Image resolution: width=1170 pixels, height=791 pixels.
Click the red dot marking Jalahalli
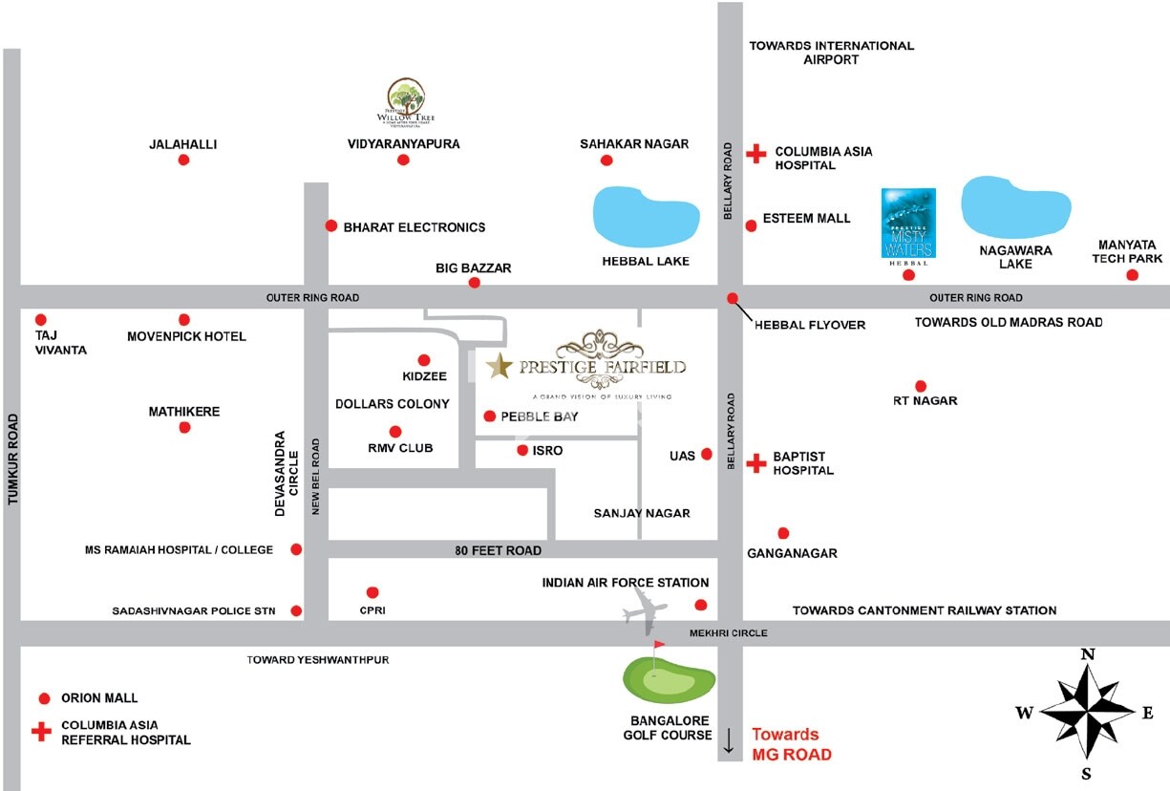pyautogui.click(x=183, y=160)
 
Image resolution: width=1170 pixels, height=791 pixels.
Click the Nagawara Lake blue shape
pyautogui.click(x=1015, y=205)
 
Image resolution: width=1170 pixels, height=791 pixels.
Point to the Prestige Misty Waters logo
pyautogui.click(x=907, y=223)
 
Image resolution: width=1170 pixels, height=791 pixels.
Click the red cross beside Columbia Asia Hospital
pyautogui.click(x=755, y=153)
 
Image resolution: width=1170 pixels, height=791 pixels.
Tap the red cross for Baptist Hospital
pyautogui.click(x=755, y=464)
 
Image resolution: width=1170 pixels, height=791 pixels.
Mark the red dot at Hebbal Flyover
pyautogui.click(x=733, y=298)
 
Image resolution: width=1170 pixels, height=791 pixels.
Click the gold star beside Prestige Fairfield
pyautogui.click(x=499, y=365)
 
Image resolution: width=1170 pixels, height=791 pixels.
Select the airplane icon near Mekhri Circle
pyautogui.click(x=647, y=609)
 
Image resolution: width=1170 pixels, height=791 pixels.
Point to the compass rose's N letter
pyautogui.click(x=1087, y=654)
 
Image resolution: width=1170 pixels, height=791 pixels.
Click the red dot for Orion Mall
pyautogui.click(x=44, y=698)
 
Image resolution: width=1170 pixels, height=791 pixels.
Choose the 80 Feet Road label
pyautogui.click(x=498, y=550)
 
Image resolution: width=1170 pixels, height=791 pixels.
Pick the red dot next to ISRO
pyautogui.click(x=521, y=450)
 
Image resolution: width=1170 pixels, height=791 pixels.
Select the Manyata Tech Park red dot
pyautogui.click(x=1132, y=275)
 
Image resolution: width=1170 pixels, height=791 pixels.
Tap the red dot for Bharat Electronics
pyautogui.click(x=331, y=226)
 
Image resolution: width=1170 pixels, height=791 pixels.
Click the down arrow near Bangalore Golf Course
pyautogui.click(x=729, y=741)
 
